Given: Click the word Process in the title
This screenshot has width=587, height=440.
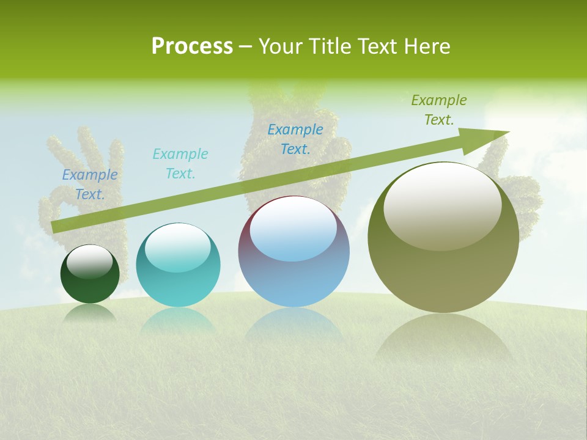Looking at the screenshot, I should coord(192,46).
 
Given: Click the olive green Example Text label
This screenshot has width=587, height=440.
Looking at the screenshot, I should coord(439,110).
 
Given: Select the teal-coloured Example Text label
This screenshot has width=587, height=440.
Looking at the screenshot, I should coord(180,164).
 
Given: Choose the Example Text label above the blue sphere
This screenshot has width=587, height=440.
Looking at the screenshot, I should coord(295,139).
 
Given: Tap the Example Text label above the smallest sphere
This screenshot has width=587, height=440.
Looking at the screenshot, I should coord(90,185).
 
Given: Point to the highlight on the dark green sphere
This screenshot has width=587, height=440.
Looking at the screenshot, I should coord(90,262).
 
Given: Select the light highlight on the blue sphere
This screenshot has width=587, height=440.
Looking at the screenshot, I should coord(293,229).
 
